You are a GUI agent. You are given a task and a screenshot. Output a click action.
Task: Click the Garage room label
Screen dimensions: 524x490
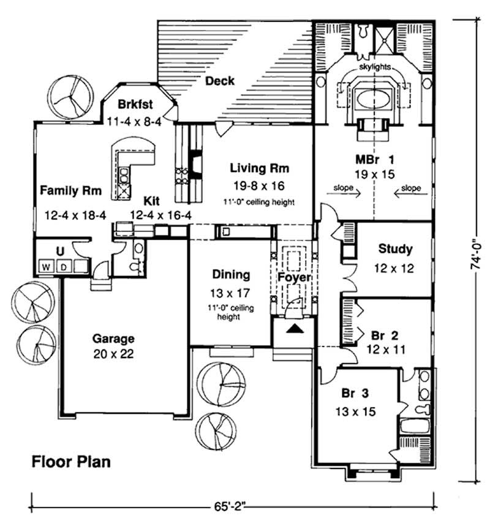(x=113, y=338)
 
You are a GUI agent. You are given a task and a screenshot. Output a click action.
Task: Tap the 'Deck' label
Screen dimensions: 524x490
(x=219, y=81)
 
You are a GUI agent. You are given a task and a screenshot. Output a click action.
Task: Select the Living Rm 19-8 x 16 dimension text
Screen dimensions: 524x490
(x=260, y=184)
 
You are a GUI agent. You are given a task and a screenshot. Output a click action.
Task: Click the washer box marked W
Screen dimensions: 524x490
(x=47, y=267)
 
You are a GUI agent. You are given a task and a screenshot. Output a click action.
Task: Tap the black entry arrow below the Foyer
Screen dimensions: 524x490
(x=295, y=329)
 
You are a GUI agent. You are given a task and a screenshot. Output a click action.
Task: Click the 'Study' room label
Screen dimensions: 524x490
(x=395, y=249)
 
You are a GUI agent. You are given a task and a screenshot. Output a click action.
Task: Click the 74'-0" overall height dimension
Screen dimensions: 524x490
(x=473, y=255)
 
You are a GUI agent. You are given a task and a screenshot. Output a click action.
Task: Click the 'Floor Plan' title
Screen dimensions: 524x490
(x=71, y=461)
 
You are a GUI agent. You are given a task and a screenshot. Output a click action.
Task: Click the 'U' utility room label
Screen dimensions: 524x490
(x=59, y=250)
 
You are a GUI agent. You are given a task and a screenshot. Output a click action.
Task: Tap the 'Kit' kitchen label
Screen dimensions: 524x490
(x=152, y=200)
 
